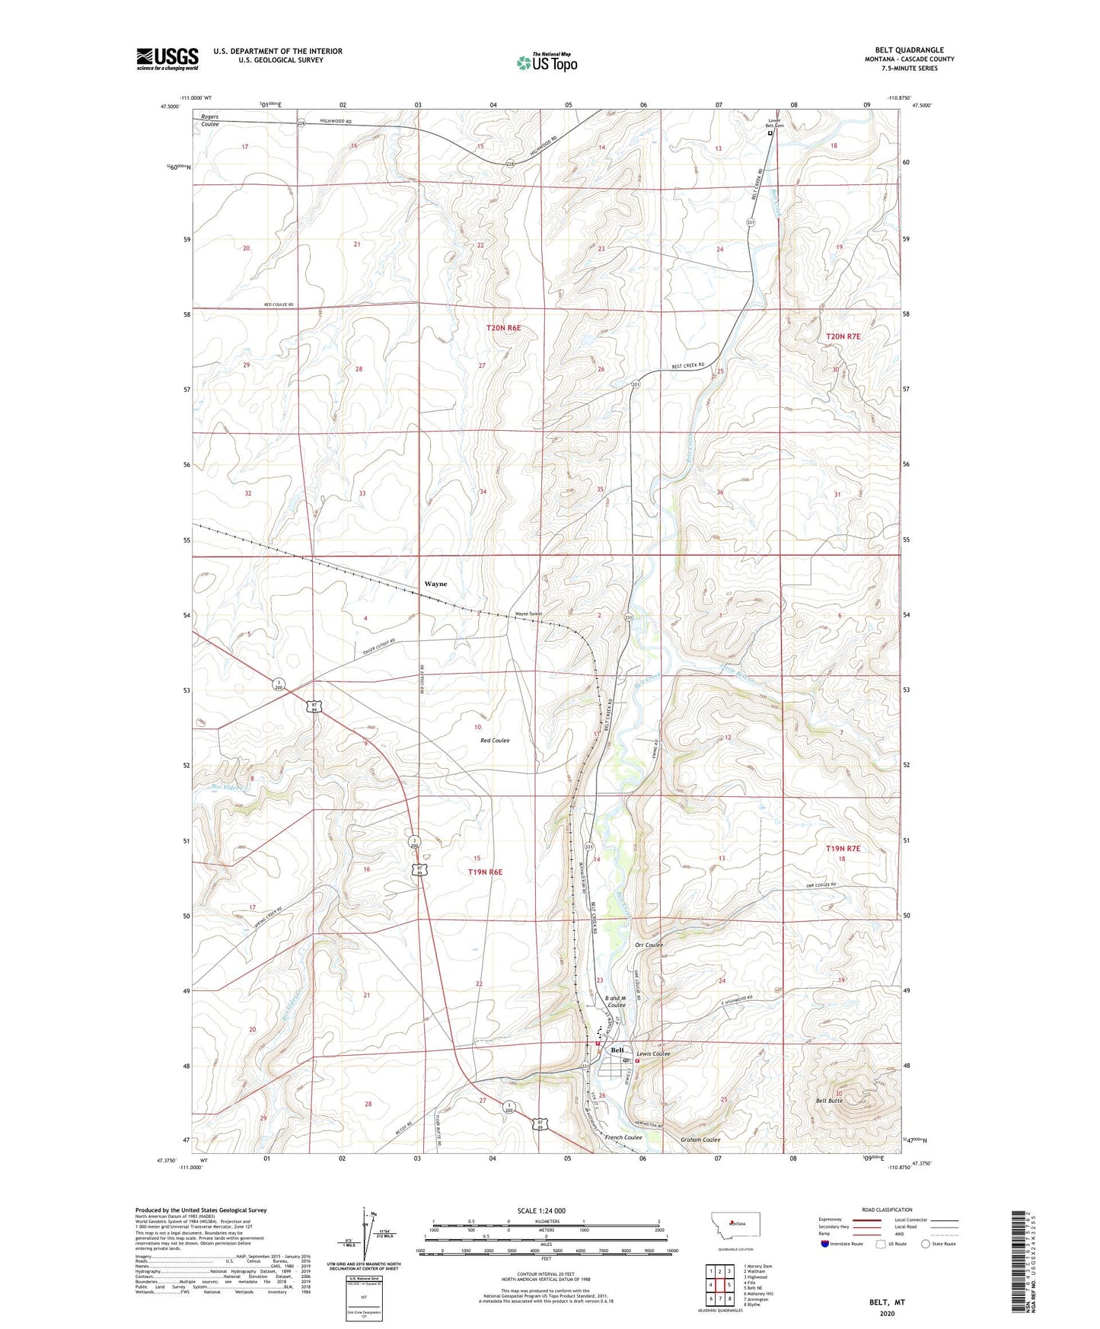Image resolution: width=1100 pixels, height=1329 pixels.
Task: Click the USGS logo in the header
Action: (167, 58)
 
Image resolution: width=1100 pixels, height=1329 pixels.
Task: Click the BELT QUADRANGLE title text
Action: (910, 50)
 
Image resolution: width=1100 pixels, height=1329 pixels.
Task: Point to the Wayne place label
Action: (435, 584)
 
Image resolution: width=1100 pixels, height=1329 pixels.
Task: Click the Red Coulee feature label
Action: (495, 740)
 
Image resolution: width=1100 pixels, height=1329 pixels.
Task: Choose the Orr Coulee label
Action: (649, 945)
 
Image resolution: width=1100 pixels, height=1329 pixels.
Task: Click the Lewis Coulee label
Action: (653, 1053)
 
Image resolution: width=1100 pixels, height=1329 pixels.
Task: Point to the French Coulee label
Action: (624, 1138)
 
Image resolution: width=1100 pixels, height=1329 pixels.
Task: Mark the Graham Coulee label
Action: (700, 1139)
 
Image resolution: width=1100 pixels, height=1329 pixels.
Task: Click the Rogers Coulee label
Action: (209, 120)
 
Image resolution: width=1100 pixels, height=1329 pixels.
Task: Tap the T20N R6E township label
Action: (503, 327)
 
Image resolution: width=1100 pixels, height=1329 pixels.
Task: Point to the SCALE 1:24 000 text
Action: (540, 1211)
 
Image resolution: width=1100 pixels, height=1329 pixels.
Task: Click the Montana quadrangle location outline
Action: (734, 1225)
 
